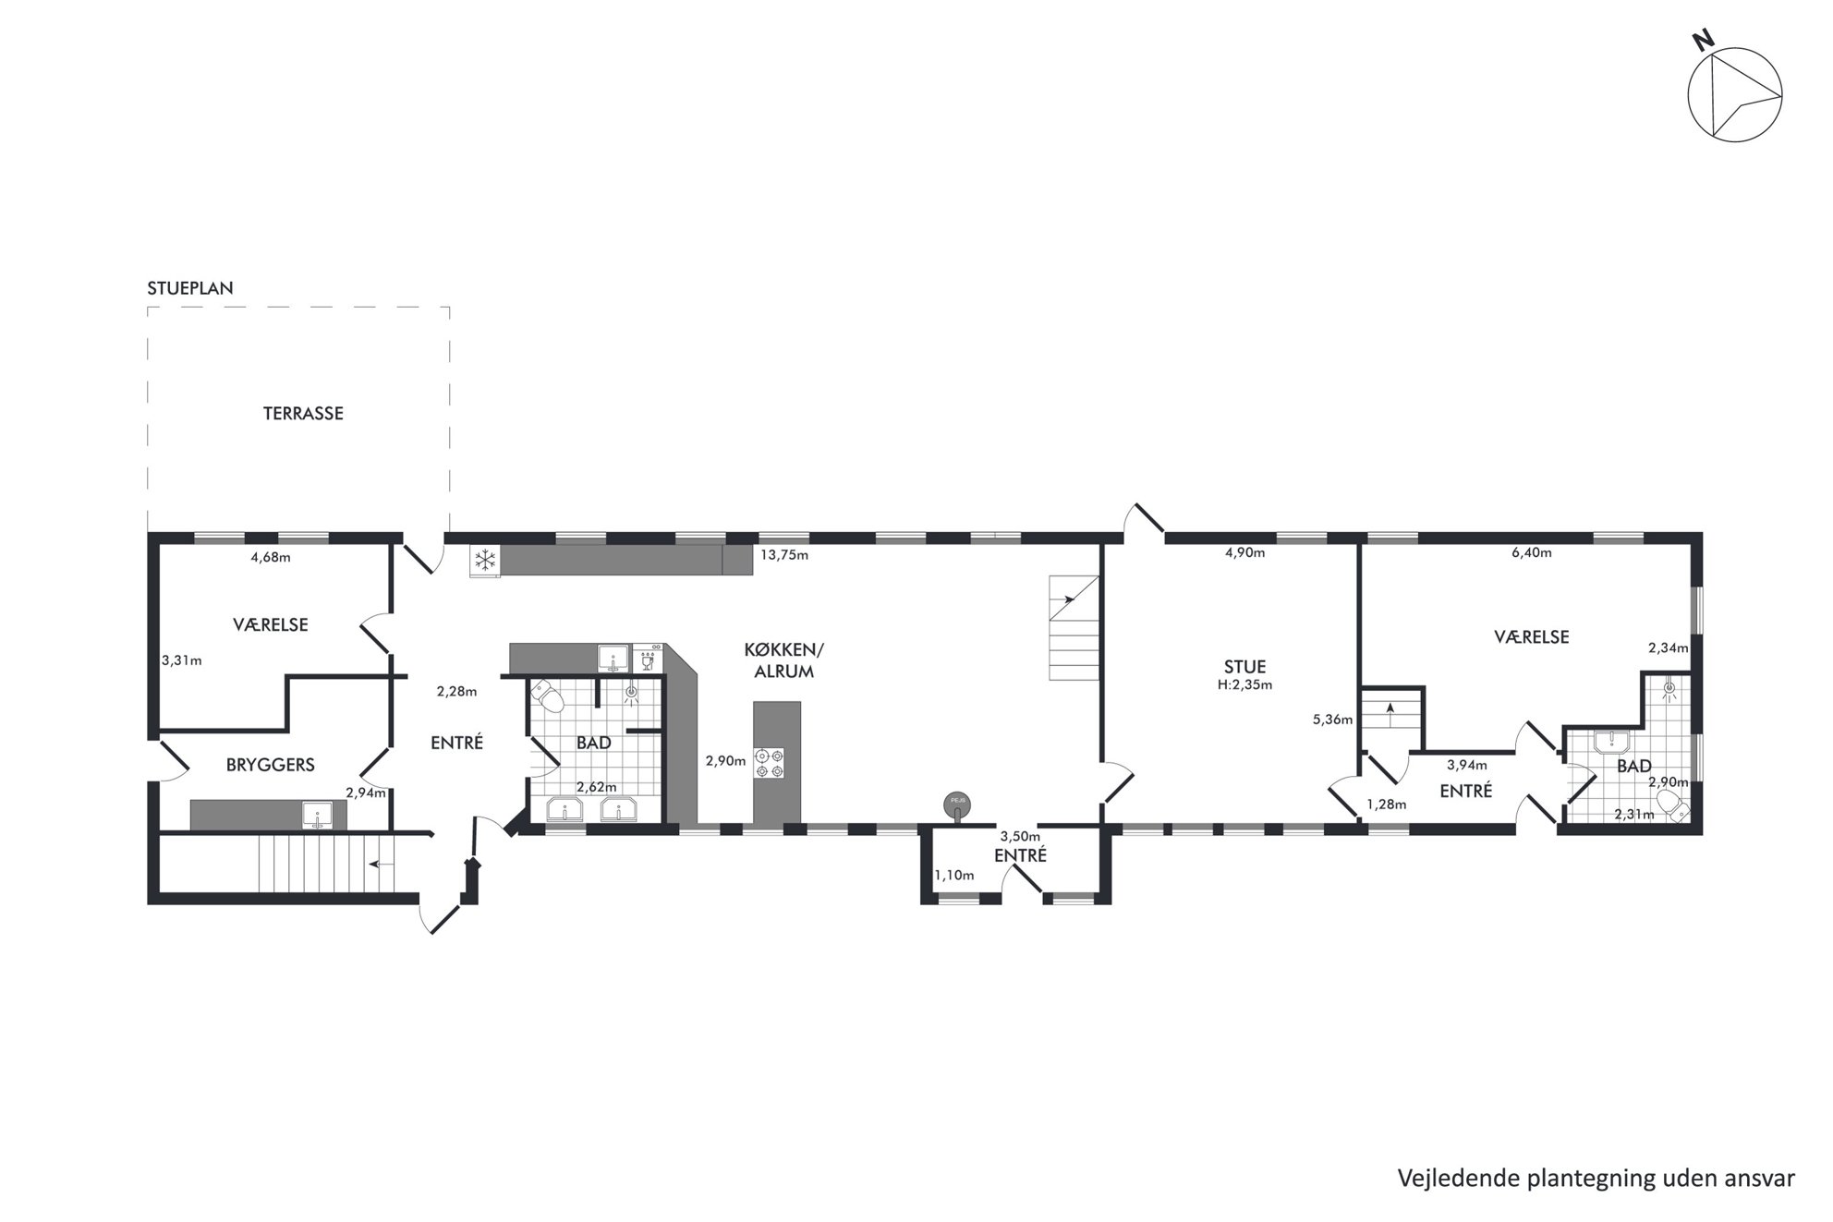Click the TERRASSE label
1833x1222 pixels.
point(303,414)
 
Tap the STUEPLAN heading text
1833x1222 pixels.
point(190,288)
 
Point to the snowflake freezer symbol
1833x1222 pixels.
point(485,560)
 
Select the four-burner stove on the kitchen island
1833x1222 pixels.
point(770,763)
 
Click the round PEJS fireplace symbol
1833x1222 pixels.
point(955,805)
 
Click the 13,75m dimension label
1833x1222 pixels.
point(784,555)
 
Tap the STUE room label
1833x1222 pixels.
point(1244,667)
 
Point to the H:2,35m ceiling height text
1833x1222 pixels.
point(1244,685)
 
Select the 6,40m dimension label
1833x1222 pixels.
point(1531,553)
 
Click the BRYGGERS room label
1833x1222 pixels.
point(271,765)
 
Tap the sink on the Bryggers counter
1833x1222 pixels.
point(317,816)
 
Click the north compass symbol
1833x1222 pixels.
point(1734,96)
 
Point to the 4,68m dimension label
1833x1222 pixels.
point(271,557)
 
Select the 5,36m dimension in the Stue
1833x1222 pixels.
point(1332,720)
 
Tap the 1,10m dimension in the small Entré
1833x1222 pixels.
point(953,876)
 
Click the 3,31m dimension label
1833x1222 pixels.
point(182,660)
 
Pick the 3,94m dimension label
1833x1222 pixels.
point(1467,765)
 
